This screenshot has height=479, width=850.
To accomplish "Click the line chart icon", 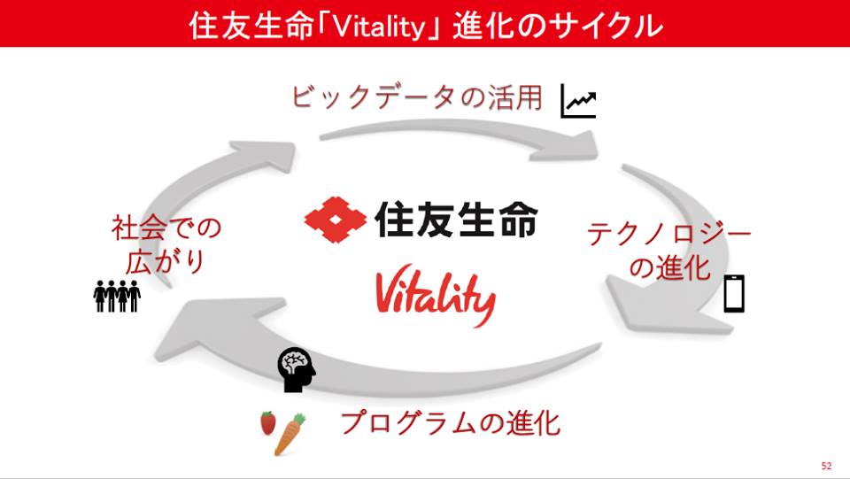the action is pos(578,101).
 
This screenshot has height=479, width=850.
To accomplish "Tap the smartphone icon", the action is pos(735,293).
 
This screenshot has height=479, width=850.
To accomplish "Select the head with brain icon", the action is pos(296,369).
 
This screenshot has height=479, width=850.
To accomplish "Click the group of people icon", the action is pos(117,296).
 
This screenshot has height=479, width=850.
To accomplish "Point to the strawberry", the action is pos(267,422).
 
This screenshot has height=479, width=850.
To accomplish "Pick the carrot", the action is pos(290,434).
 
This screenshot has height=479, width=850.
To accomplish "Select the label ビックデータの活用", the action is pos(417,97).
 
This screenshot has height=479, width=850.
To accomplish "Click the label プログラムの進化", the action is pos(450,422).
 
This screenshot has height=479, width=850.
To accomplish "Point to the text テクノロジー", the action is pos(669,234).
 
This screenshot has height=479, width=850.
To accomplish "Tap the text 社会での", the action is pos(166,228).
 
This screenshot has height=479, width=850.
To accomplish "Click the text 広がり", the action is pos(166,261).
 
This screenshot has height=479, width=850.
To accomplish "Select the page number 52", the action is pos(826,466).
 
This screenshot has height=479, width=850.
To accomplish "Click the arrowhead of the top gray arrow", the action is pos(569,147).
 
